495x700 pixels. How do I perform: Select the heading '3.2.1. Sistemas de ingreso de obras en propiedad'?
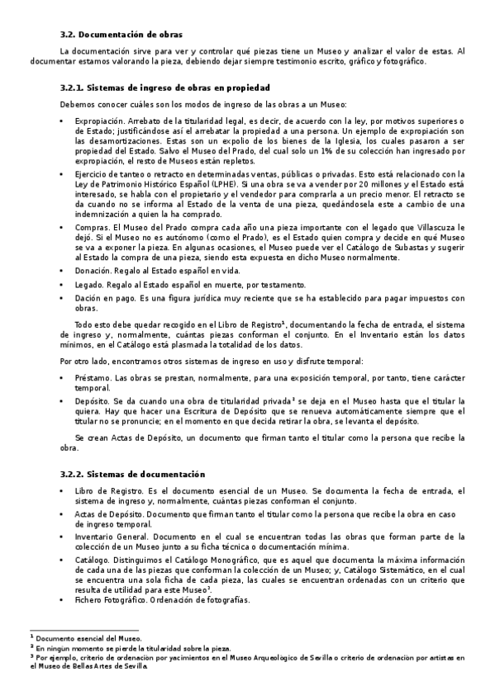coord(166,87)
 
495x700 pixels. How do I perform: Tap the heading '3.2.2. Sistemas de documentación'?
coord(134,473)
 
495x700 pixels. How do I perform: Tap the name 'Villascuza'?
coord(435,226)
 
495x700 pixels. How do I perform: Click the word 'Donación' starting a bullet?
coord(91,270)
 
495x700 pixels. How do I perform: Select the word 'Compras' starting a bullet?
coord(90,226)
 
